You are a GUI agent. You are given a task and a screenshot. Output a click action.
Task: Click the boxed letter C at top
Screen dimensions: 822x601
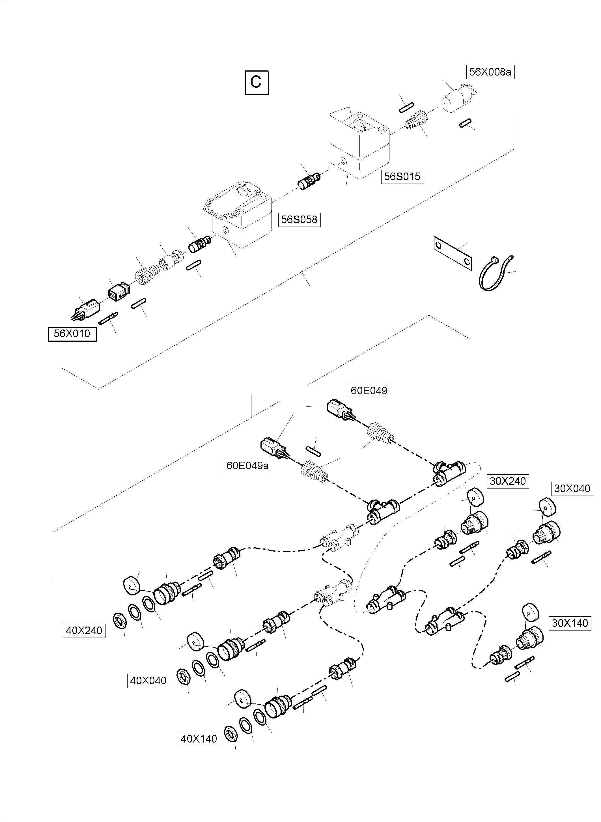coord(257,83)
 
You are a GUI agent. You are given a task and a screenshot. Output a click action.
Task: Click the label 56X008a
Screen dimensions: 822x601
coord(490,72)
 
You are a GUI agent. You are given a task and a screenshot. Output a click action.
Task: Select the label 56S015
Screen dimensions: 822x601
coord(402,177)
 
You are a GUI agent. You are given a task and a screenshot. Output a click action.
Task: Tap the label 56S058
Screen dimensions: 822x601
coord(299,220)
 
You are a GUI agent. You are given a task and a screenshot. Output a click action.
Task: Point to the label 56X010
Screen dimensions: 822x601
coord(72,334)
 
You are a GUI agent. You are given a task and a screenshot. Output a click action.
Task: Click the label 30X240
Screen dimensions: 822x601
coord(507,481)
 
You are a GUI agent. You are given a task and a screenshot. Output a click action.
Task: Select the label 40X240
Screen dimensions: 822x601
coord(84,631)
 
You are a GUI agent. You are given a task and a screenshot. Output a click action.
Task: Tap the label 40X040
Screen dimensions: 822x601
coord(148,681)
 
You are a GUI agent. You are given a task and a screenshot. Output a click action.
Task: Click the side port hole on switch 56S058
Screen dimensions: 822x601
coord(226,230)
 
